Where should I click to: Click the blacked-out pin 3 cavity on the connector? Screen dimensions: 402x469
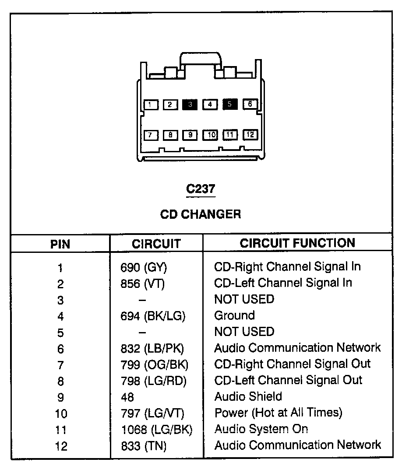(190, 104)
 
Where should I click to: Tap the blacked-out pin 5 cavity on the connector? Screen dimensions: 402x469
(230, 104)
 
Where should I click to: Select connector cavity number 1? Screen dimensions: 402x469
(150, 104)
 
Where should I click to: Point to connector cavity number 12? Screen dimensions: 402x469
(250, 135)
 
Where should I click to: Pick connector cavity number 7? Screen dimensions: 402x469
(150, 135)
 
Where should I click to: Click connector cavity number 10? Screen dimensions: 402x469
(210, 135)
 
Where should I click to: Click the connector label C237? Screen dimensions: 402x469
(201, 189)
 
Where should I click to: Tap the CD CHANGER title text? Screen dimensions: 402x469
(201, 214)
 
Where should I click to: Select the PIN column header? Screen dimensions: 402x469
(60, 244)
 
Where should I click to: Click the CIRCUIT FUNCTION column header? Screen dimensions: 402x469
(297, 243)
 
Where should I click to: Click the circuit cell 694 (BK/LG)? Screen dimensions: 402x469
(153, 315)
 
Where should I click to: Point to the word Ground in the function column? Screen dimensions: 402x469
(234, 315)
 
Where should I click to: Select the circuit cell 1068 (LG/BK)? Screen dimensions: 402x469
(156, 429)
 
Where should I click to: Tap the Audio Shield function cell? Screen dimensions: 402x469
(248, 396)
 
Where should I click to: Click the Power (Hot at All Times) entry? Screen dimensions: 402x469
(278, 413)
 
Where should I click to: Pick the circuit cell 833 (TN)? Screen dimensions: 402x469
(144, 445)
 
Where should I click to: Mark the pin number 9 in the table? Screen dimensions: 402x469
(60, 397)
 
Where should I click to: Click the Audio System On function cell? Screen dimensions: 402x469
(261, 429)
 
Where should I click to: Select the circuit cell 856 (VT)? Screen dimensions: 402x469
(142, 283)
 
